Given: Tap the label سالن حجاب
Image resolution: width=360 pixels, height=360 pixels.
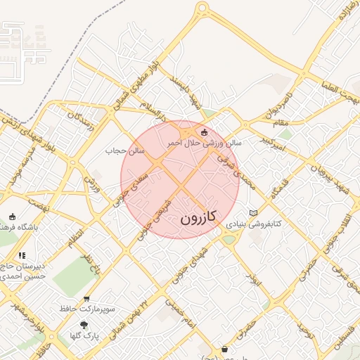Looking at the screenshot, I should click(124, 150).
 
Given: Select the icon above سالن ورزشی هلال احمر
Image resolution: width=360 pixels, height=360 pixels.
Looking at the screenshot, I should click(205, 131).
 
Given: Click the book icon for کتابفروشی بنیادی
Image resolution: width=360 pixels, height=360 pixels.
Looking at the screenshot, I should click(254, 213).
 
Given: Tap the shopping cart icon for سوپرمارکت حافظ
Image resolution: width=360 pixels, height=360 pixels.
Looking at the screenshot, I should click(86, 299).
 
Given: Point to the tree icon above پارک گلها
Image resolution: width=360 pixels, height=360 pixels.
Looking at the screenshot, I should click(84, 326).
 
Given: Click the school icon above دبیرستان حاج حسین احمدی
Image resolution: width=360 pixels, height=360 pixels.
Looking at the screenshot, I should click(22, 255).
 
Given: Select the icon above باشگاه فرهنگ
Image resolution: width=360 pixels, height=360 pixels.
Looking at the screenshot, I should click(12, 217).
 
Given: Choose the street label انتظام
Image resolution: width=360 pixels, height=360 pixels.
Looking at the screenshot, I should click(73, 238).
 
